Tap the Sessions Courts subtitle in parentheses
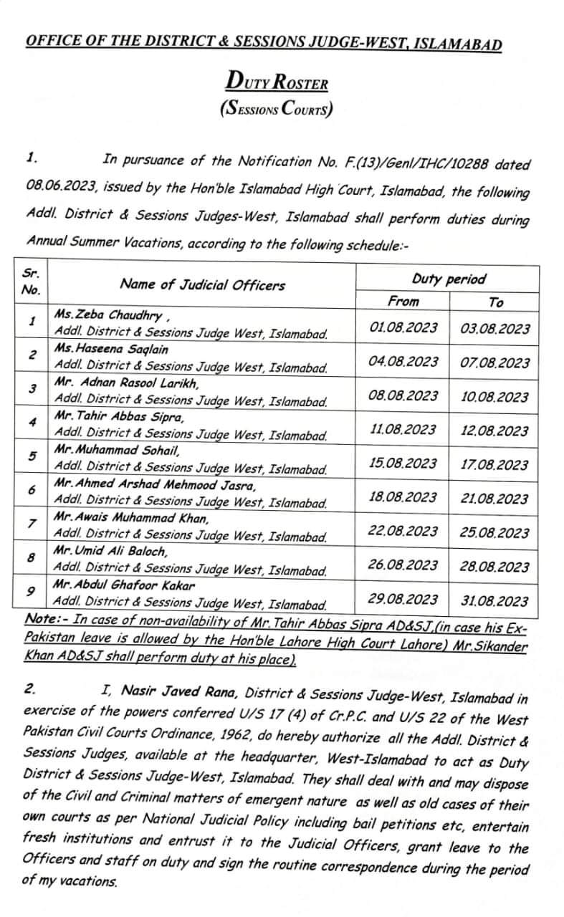point(277,109)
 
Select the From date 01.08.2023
point(403,327)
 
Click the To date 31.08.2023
point(494,600)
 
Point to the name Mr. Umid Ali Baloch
point(110,552)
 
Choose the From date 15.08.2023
point(403,464)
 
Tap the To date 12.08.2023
point(494,431)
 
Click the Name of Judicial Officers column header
point(202,284)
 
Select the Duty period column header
point(449,279)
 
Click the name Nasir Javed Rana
point(176,691)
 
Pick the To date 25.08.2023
point(494,533)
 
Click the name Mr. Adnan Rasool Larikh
point(126,383)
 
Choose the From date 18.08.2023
point(403,497)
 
